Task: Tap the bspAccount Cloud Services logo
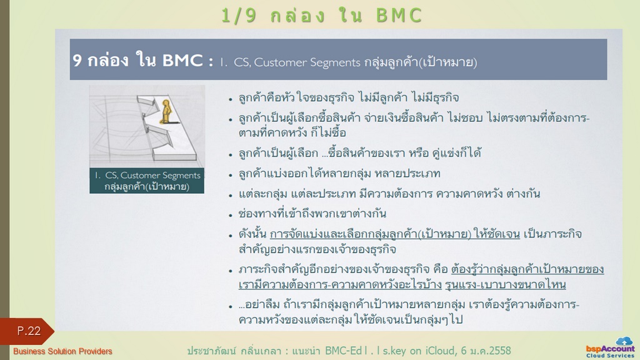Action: [610, 347]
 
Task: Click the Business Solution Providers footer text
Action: [62, 351]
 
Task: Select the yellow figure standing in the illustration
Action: [166, 111]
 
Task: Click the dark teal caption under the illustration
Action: [147, 181]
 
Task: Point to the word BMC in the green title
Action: [399, 16]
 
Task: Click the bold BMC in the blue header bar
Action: [182, 61]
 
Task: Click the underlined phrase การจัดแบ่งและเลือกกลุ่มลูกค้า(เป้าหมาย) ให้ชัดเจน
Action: [395, 234]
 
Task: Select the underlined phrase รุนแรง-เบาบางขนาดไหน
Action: [505, 284]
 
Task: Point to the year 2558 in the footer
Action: [500, 351]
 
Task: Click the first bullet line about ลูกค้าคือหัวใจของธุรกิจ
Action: [349, 97]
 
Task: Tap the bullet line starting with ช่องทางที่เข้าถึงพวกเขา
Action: [312, 214]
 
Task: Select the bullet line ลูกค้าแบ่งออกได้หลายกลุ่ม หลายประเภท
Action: [339, 174]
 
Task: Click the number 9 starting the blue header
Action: [77, 61]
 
